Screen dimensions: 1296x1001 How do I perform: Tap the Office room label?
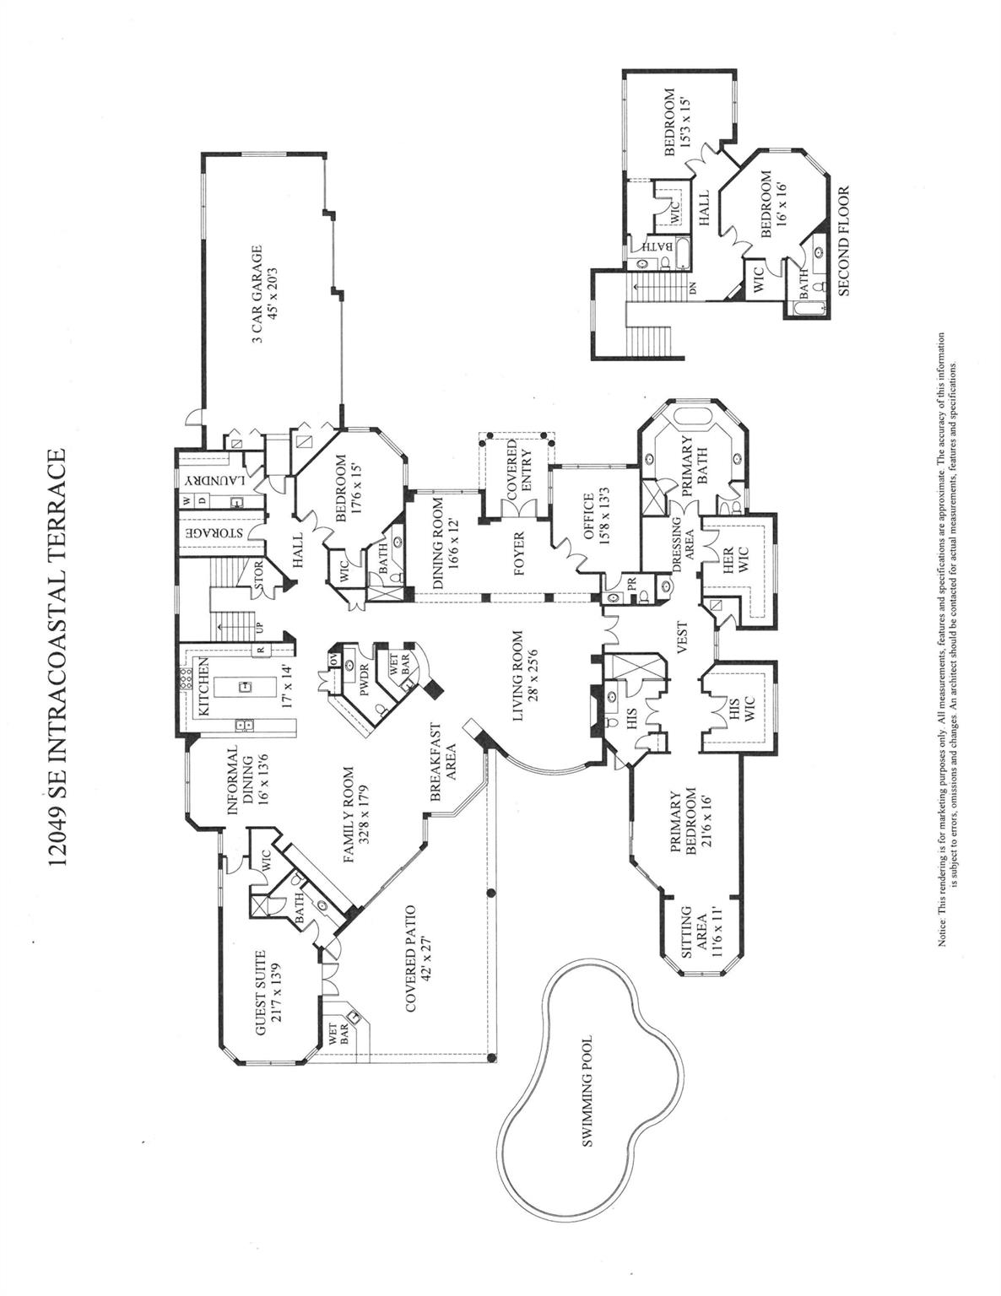(587, 518)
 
